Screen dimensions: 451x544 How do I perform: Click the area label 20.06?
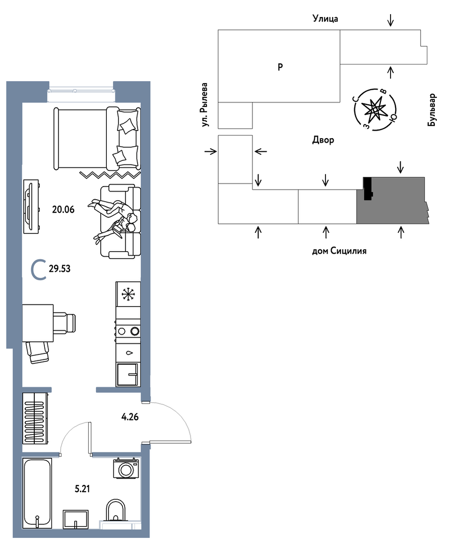coord(63,210)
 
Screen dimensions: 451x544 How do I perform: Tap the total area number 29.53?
coord(59,269)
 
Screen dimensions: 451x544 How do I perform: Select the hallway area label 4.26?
coord(130,417)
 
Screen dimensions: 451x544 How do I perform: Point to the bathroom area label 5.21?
coord(83,489)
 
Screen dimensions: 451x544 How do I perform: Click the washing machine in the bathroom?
coord(126,469)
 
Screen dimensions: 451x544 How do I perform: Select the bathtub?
coord(37,493)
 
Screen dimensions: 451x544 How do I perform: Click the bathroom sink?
coord(76,519)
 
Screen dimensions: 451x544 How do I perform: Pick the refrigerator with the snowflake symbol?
coord(128,294)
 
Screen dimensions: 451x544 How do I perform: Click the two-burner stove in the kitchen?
coord(128,331)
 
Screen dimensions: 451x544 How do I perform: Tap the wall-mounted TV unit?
coord(31,206)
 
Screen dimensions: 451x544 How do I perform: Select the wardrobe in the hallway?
coord(35,418)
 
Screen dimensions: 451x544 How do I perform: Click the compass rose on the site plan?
coord(375,109)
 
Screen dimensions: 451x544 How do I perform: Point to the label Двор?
coord(323,140)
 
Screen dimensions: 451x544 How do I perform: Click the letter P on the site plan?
coord(281,67)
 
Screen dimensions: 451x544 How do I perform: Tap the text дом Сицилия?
coord(339,251)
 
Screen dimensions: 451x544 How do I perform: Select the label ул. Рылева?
coord(205,104)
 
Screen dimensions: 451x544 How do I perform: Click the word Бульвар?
coord(432,110)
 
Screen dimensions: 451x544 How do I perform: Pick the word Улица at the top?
coord(325,18)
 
